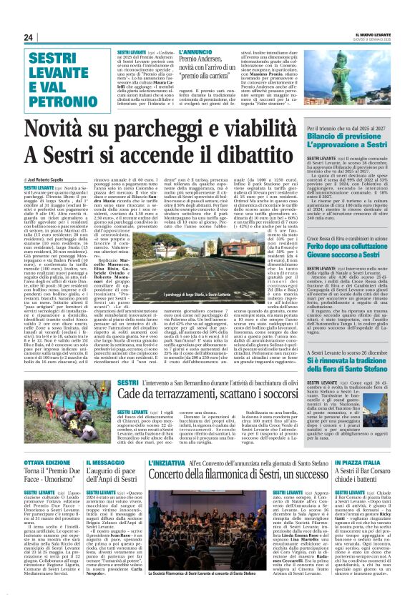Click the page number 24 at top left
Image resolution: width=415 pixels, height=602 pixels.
click(x=29, y=37)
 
